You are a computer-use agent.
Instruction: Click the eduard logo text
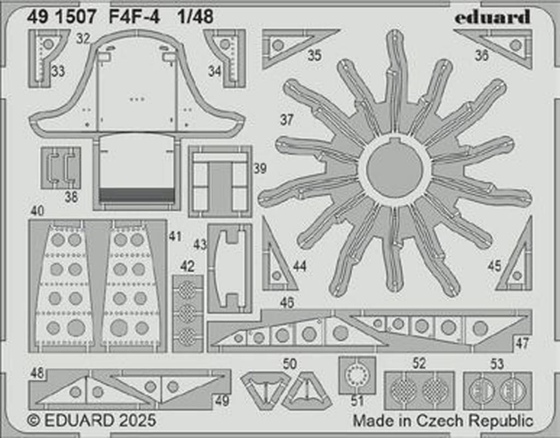[492, 17]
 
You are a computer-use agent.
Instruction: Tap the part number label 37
[287, 120]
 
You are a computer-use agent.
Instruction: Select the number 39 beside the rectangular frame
[260, 169]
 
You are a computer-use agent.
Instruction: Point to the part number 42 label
[187, 266]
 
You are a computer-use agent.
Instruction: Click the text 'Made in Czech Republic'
[442, 421]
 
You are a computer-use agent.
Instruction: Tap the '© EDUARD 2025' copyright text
[92, 421]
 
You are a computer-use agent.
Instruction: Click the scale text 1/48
[195, 17]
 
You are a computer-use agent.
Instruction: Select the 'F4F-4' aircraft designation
[135, 17]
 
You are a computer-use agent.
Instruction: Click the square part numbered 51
[357, 375]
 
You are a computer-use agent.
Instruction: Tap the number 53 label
[497, 364]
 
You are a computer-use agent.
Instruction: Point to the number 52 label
[419, 364]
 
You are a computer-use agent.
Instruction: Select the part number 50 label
[290, 364]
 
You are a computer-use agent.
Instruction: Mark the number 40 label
[37, 211]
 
